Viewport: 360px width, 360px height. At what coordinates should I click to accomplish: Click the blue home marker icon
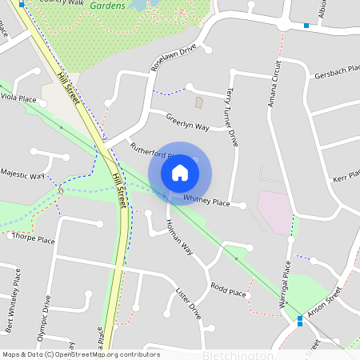pos(180,171)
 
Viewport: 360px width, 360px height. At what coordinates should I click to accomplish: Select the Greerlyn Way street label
pos(187,122)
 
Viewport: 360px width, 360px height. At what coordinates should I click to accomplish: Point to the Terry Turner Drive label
pos(234,116)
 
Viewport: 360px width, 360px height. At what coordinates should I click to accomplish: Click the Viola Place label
pos(19,98)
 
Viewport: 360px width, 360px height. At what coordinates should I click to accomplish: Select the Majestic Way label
pos(22,173)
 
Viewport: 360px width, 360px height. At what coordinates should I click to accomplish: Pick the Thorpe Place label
pos(34,238)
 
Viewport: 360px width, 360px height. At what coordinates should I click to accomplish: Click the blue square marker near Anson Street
pos(299,321)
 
